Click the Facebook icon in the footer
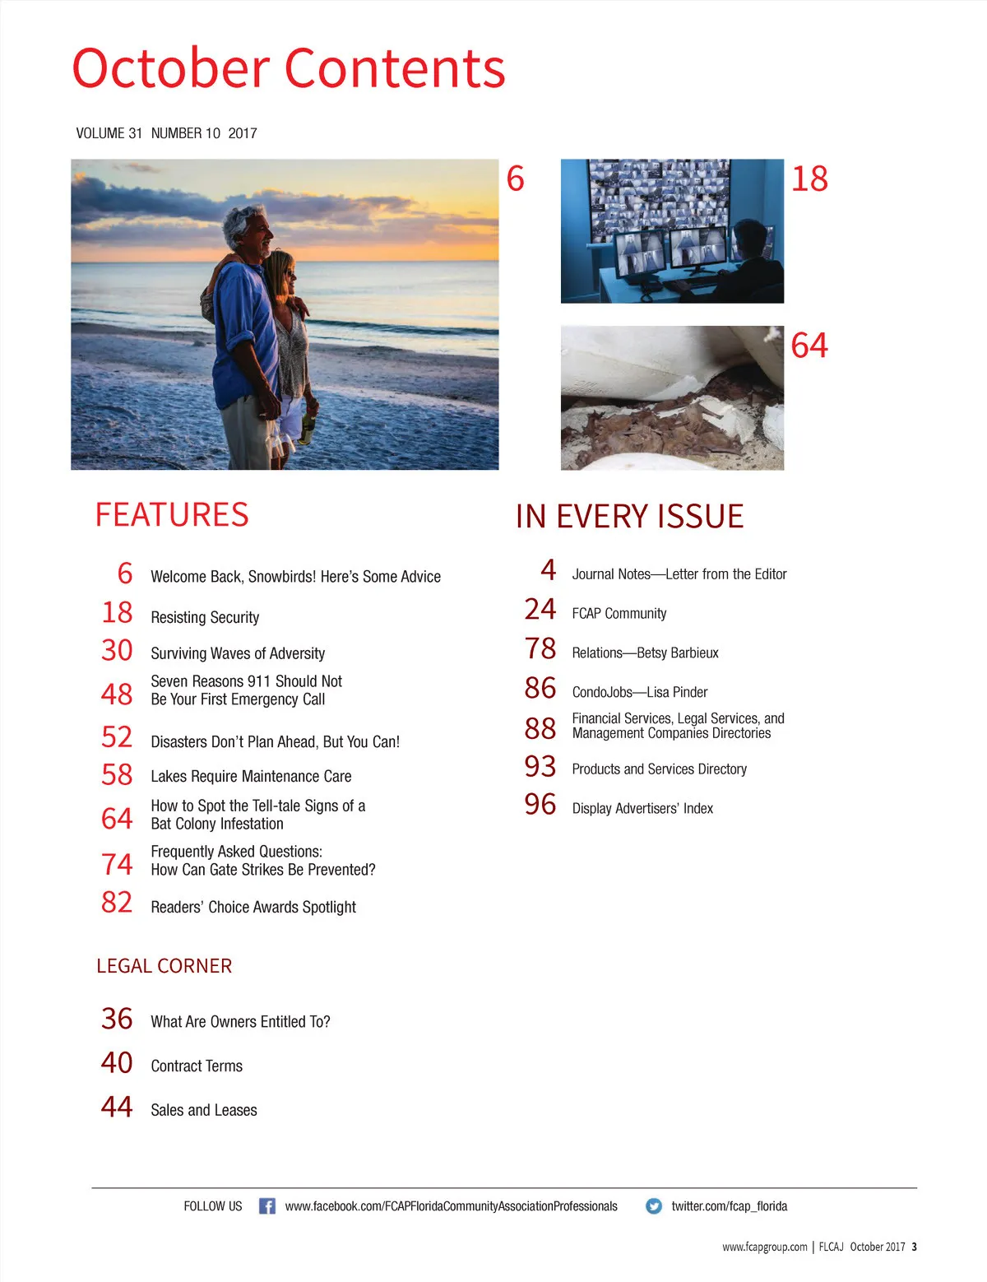(266, 1206)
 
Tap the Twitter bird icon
(654, 1206)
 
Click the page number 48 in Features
(117, 694)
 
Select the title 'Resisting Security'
(205, 617)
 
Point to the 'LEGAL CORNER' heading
(164, 966)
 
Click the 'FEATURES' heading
(172, 515)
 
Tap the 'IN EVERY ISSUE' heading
(629, 517)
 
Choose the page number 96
(540, 805)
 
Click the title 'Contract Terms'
(197, 1066)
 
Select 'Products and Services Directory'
(659, 769)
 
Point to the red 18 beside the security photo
(809, 179)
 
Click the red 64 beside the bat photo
(809, 346)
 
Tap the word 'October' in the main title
(171, 68)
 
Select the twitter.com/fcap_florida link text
(729, 1206)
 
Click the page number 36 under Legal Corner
(117, 1019)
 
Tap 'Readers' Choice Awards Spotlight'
(253, 907)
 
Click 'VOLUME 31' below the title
(109, 133)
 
